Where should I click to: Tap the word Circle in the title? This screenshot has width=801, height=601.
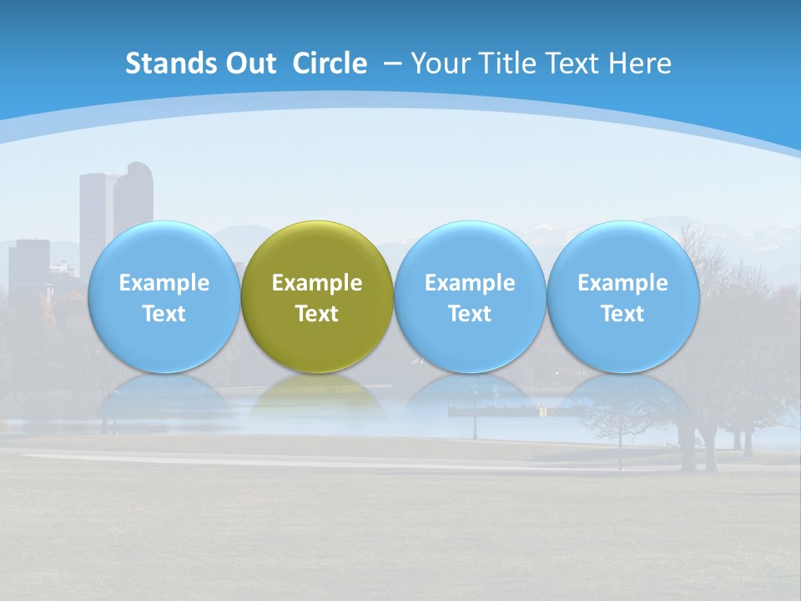click(330, 63)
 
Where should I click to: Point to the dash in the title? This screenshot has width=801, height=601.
click(392, 64)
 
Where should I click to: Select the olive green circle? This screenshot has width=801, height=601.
click(317, 296)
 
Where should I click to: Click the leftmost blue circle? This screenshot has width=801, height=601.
click(164, 296)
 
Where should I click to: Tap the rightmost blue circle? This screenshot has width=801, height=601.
click(622, 296)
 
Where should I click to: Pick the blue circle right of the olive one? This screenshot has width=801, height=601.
click(470, 296)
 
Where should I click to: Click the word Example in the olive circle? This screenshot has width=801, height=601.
click(317, 283)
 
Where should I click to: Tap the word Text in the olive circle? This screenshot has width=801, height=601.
click(317, 314)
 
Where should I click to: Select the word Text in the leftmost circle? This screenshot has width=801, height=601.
click(164, 314)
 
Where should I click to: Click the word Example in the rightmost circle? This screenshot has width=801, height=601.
click(622, 283)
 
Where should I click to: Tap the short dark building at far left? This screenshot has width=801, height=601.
click(29, 263)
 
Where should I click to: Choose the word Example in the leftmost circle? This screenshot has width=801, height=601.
click(164, 283)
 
